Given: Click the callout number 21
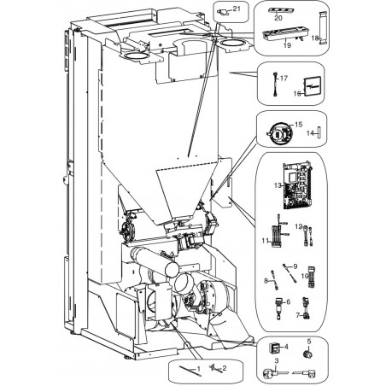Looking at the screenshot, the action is [x=237, y=9].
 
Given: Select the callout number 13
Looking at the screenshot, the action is [x=278, y=185].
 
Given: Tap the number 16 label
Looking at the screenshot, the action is [x=297, y=94].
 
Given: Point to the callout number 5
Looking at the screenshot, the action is [x=309, y=342].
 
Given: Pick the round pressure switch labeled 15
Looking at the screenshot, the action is [x=280, y=133].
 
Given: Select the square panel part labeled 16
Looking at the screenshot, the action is [x=313, y=87].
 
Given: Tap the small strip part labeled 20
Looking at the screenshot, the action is [x=281, y=10].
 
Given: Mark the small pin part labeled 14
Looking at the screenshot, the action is [x=319, y=133].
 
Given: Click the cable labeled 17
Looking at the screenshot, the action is [x=275, y=85].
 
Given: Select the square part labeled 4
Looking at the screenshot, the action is [x=274, y=348].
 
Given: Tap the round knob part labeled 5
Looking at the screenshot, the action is [x=307, y=354].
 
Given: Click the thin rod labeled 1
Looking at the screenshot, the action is [x=190, y=371].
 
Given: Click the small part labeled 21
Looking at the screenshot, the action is [x=223, y=12].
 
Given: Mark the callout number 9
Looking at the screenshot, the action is [x=295, y=266].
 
